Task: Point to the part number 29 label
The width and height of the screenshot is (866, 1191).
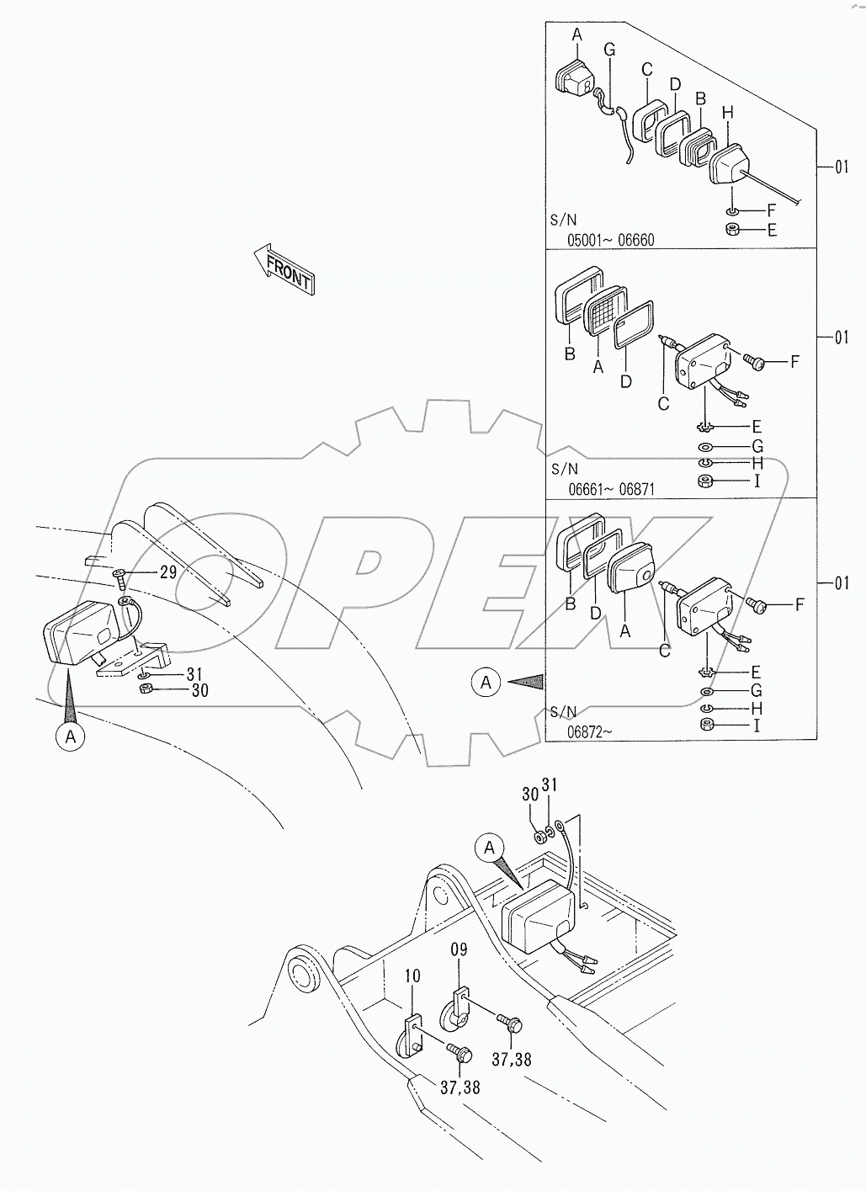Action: pos(167,573)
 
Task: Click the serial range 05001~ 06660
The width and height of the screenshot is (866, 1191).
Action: pos(610,240)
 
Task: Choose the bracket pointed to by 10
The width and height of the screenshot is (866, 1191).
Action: pos(410,1036)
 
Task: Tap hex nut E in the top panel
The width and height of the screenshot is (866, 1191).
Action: pos(732,230)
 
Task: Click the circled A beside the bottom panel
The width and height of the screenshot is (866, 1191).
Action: pos(486,683)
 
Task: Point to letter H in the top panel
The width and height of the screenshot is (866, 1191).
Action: pos(728,112)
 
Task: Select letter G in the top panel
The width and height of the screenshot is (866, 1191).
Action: pos(609,50)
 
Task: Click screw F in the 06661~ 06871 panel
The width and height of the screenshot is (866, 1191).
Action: pos(753,362)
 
